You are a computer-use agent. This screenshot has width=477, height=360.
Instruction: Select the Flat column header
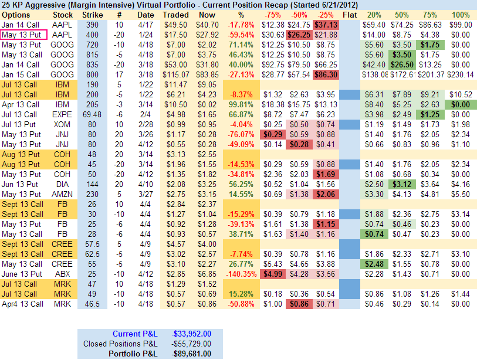pyautogui.click(x=350, y=15)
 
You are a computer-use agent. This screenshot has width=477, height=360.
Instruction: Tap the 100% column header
pyautogui.click(x=461, y=15)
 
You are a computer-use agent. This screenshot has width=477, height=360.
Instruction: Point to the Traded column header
pyautogui.click(x=175, y=15)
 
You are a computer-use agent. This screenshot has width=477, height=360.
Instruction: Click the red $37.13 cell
pyautogui.click(x=326, y=25)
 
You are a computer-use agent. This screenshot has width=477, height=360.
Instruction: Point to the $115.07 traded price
pyautogui.click(x=175, y=74)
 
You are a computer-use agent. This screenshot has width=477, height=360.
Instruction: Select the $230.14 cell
pyautogui.click(x=461, y=74)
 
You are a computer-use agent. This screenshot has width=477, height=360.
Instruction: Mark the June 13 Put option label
pyautogui.click(x=21, y=274)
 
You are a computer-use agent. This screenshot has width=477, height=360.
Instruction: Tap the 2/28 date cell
pyautogui.click(x=145, y=124)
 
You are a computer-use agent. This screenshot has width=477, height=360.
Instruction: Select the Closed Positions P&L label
pyautogui.click(x=120, y=344)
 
